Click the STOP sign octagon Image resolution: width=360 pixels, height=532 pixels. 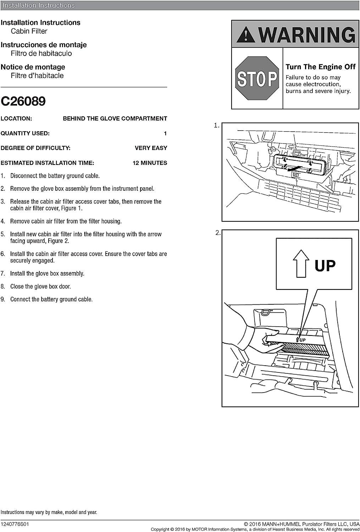pyautogui.click(x=257, y=78)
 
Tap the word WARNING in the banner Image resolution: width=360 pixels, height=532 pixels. pyautogui.click(x=307, y=35)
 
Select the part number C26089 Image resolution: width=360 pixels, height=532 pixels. pyautogui.click(x=23, y=101)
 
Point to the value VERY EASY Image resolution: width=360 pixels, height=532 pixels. pyautogui.click(x=151, y=148)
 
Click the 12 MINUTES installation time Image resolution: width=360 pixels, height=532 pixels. pyautogui.click(x=150, y=163)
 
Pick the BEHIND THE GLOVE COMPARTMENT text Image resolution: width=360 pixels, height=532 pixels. pyautogui.click(x=115, y=118)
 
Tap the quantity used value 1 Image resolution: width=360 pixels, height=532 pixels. pyautogui.click(x=165, y=133)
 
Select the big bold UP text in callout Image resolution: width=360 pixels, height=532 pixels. pyautogui.click(x=325, y=265)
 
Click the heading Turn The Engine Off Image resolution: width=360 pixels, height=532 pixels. pyautogui.click(x=321, y=67)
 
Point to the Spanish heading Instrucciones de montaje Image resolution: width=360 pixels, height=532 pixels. pyautogui.click(x=44, y=45)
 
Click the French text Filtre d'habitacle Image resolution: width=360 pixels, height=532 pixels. pyautogui.click(x=37, y=76)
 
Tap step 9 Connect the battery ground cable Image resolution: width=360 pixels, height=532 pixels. pyautogui.click(x=46, y=299)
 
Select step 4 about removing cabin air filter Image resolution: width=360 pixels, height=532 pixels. pyautogui.click(x=61, y=221)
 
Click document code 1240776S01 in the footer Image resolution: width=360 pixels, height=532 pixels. pyautogui.click(x=15, y=524)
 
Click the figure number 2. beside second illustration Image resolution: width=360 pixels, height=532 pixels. pyautogui.click(x=218, y=233)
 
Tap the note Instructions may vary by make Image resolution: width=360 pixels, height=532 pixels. pyautogui.click(x=49, y=512)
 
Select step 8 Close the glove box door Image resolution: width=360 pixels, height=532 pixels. pyautogui.click(x=35, y=287)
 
